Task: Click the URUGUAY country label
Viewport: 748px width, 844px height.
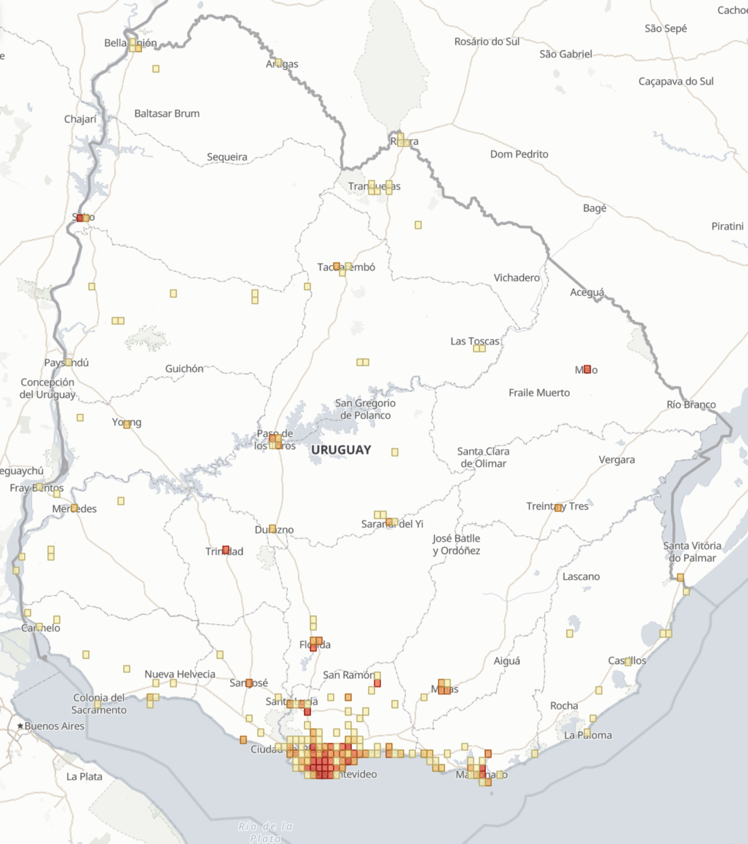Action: (x=341, y=450)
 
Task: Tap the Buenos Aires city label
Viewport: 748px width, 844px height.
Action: (x=54, y=726)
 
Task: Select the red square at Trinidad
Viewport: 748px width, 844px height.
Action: (x=225, y=549)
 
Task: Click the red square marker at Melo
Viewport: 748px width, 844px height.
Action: (x=587, y=369)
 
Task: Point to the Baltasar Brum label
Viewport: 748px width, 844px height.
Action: (x=167, y=113)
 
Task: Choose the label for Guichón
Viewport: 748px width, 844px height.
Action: (x=184, y=369)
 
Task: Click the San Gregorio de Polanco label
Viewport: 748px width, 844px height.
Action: (x=365, y=409)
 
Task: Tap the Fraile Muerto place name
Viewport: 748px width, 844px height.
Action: (x=539, y=392)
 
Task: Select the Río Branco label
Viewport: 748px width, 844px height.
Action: (x=691, y=405)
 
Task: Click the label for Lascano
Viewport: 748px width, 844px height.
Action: (x=581, y=576)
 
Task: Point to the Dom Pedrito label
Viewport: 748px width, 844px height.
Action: (x=519, y=154)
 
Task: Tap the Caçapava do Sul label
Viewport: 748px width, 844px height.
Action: (x=676, y=81)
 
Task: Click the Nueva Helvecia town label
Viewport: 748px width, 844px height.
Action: (x=180, y=674)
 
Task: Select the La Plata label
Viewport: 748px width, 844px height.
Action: (x=84, y=776)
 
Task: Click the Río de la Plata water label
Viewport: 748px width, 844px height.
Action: (x=266, y=832)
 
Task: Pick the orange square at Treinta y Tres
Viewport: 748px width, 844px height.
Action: (x=558, y=507)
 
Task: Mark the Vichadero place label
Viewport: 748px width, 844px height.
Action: (x=516, y=277)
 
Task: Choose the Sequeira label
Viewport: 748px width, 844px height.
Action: (x=227, y=157)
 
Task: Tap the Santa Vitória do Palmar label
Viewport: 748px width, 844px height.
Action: (x=692, y=552)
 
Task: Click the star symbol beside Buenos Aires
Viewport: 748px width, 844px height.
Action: (x=20, y=726)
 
